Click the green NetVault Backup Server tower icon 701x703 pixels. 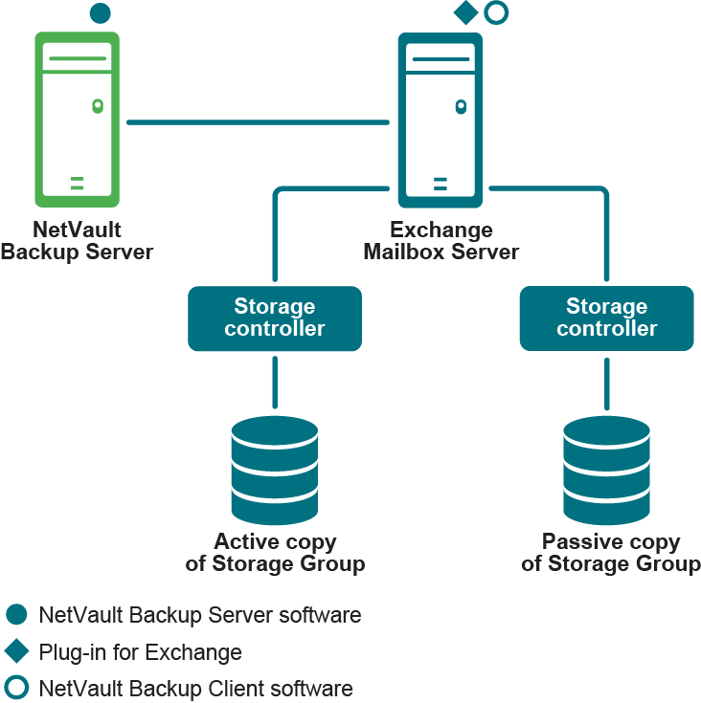point(77,119)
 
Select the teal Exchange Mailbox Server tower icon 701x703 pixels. point(441,119)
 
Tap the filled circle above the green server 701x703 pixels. point(100,13)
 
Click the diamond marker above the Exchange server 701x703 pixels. point(465,13)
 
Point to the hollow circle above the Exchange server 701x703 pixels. point(496,13)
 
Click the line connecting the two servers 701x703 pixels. point(258,122)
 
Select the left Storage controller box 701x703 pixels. point(275,318)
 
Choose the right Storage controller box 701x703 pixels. point(606,318)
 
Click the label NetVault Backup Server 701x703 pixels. point(77,241)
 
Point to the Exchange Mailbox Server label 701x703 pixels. point(441,241)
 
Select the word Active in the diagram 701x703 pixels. point(246,542)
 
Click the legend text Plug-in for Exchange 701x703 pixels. point(140,652)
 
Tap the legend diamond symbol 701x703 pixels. point(16,651)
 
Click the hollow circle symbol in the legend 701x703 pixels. point(16,688)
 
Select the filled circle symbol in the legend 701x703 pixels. point(16,615)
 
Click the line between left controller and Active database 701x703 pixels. point(275,382)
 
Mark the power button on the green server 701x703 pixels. point(97,106)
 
